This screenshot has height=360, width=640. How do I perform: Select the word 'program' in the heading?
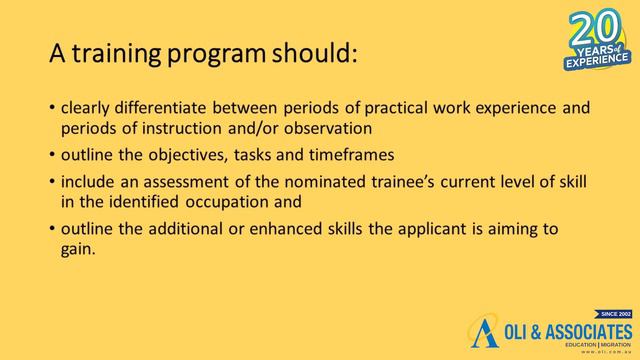(x=222, y=55)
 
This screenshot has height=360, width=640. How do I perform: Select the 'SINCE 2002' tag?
(x=613, y=314)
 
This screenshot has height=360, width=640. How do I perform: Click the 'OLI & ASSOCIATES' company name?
(x=566, y=331)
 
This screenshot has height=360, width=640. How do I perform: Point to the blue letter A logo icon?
(x=485, y=333)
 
